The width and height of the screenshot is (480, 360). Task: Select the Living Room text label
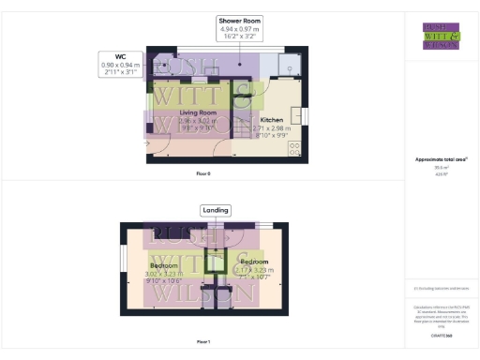172,112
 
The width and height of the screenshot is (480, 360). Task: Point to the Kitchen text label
271,121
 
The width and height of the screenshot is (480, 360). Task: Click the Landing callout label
215,209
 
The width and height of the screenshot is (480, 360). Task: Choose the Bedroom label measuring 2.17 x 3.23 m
253,262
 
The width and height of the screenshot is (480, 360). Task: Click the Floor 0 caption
202,173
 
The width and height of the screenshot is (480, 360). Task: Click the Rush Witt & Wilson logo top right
441,36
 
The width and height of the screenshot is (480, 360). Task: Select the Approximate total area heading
441,159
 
